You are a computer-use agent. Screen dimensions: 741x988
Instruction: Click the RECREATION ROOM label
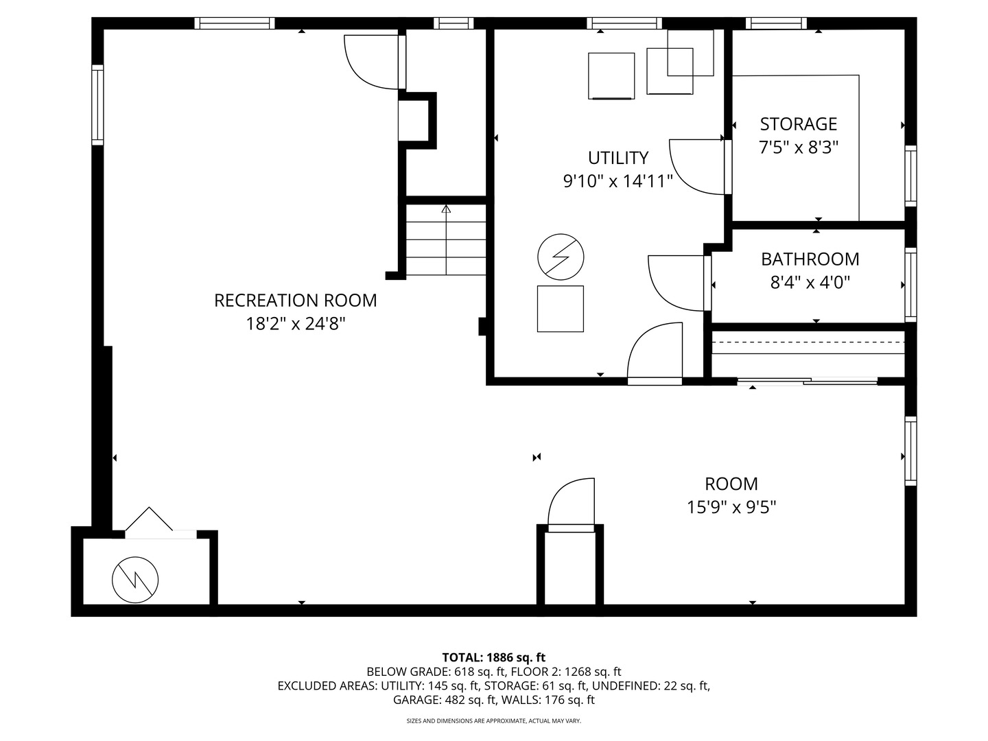pyautogui.click(x=295, y=301)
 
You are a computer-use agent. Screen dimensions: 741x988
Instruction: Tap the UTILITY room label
pyautogui.click(x=617, y=158)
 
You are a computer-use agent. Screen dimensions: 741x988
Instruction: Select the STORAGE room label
pyautogui.click(x=798, y=124)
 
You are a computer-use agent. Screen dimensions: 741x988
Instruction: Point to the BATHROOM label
pyautogui.click(x=810, y=259)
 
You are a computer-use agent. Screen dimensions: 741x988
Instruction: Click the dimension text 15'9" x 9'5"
pyautogui.click(x=731, y=508)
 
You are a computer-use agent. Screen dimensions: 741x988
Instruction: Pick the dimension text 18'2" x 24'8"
pyautogui.click(x=295, y=324)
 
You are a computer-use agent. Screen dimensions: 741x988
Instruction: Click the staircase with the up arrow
pyautogui.click(x=446, y=240)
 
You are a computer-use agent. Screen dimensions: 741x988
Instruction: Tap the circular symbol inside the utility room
pyautogui.click(x=561, y=257)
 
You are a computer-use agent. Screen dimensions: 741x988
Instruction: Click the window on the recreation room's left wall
pyautogui.click(x=97, y=105)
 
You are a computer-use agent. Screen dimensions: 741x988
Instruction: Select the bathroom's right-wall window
pyautogui.click(x=910, y=284)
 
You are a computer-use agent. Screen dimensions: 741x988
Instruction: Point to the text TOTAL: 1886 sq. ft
pyautogui.click(x=494, y=657)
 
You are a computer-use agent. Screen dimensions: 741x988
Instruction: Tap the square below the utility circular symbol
pyautogui.click(x=561, y=309)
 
